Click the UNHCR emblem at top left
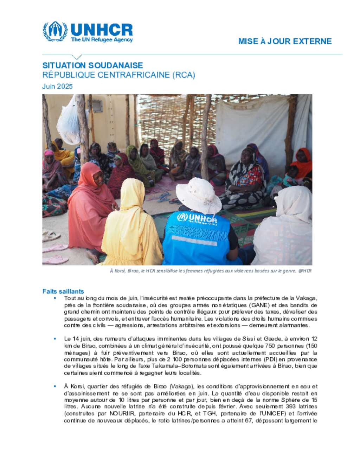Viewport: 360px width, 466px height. point(55,31)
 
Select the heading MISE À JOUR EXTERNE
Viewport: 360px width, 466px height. point(285,41)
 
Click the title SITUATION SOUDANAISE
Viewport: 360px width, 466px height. point(92,65)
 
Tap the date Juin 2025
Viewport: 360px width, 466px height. point(57,87)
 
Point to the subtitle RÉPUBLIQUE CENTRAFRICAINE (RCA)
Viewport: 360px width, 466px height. point(118,75)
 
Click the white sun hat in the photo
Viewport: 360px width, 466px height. point(198,196)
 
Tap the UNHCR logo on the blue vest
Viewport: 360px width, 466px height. point(197,218)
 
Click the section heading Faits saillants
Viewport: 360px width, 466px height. point(63,291)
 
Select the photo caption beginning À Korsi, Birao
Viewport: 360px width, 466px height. point(211,271)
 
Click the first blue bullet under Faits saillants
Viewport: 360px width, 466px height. point(55,298)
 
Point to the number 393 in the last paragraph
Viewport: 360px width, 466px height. point(290,407)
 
